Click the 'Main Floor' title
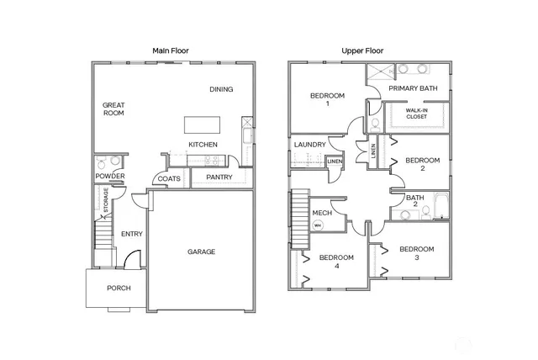[171, 50]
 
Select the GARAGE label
[201, 251]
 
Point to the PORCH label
[119, 289]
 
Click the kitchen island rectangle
[203, 124]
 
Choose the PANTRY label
[219, 177]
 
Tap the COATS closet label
[169, 178]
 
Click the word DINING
[221, 89]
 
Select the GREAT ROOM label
[113, 109]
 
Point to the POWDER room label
[110, 176]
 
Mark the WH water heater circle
[318, 225]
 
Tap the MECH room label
[321, 213]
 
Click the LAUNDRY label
[309, 145]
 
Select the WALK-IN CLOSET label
[416, 114]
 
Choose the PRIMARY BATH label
[413, 88]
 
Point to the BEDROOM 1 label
[327, 99]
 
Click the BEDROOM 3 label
[416, 253]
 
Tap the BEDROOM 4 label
[336, 261]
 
